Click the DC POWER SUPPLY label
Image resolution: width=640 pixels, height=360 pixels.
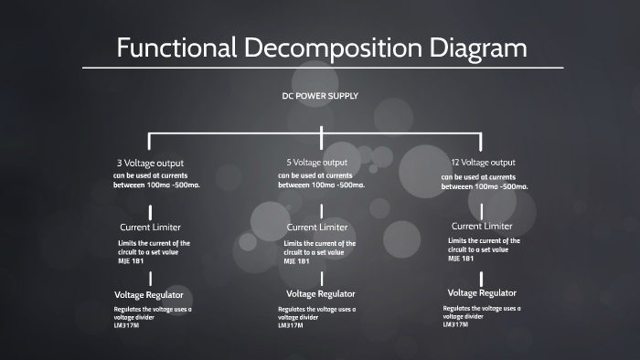click(320, 96)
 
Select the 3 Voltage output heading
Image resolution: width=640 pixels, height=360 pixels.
click(151, 164)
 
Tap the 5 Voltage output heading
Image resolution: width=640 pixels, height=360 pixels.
click(317, 163)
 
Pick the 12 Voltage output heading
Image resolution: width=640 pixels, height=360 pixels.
click(484, 163)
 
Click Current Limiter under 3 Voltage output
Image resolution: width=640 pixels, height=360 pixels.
click(150, 226)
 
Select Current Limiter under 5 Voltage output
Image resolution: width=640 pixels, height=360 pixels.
click(316, 227)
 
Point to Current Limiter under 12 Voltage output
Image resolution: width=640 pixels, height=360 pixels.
click(483, 225)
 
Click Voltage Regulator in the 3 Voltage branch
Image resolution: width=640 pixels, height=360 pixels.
click(149, 295)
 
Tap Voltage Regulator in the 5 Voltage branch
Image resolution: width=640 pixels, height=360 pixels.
click(320, 293)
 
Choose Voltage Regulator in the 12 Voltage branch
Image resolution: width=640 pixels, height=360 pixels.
click(482, 292)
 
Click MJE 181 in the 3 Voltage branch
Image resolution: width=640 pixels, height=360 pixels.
click(131, 260)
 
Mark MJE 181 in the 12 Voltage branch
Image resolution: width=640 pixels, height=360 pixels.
click(461, 259)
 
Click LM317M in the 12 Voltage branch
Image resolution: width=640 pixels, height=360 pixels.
click(456, 324)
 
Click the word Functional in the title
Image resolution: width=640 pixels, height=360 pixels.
click(176, 48)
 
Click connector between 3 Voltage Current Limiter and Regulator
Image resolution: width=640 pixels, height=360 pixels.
click(150, 278)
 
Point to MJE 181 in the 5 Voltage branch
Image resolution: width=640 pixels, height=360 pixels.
click(296, 260)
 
